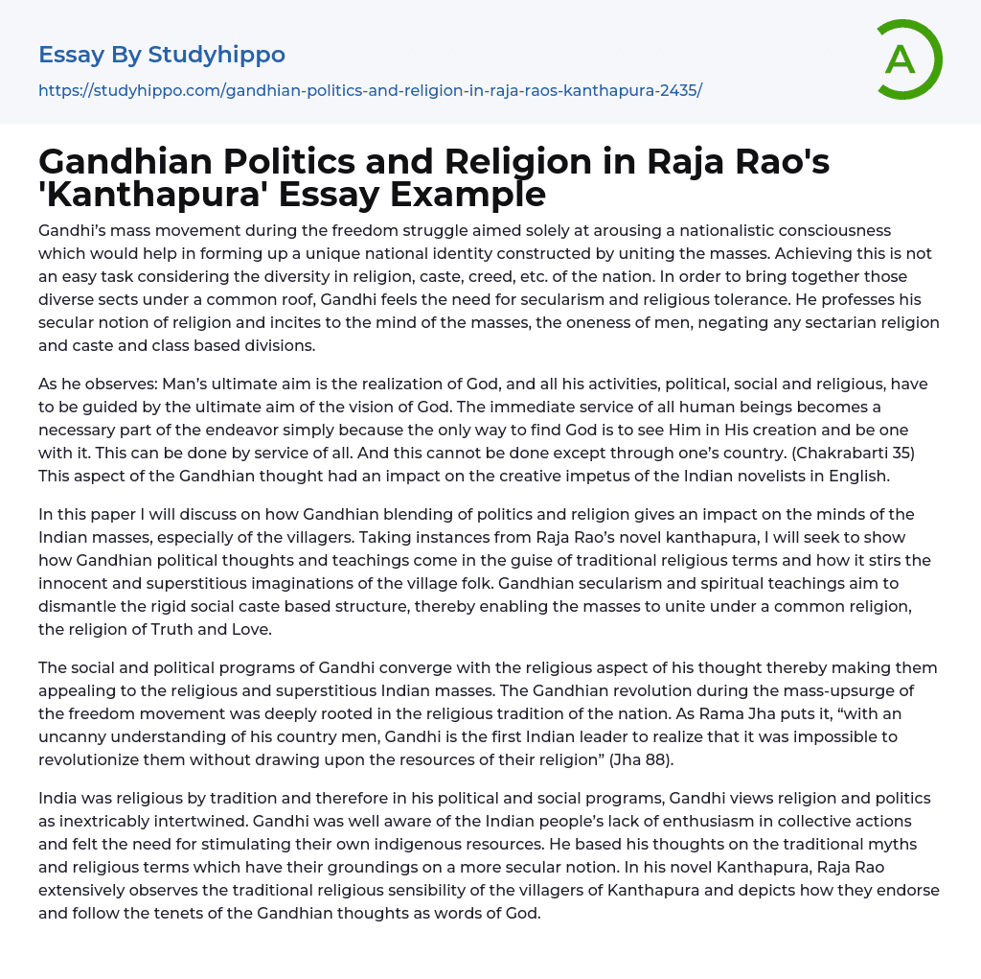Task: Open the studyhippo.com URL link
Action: coord(370,90)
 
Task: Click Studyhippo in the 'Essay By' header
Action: coord(217,55)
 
